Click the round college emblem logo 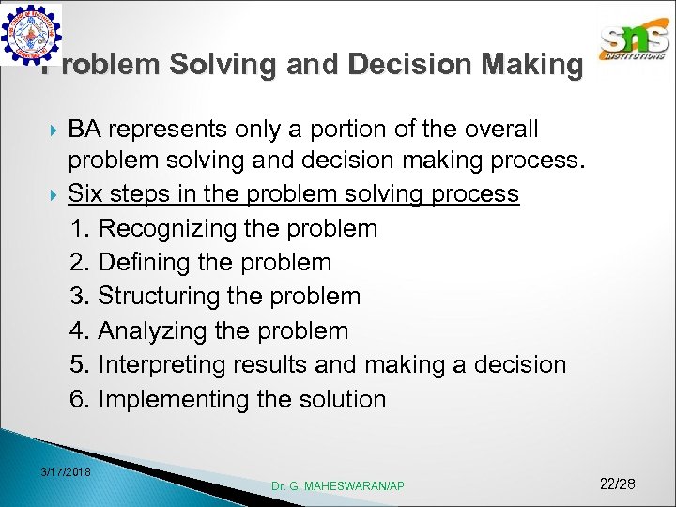click(x=31, y=34)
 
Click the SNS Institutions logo click(x=635, y=41)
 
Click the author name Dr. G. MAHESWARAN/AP click(x=338, y=485)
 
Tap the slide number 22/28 click(x=617, y=484)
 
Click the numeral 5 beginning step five click(x=78, y=364)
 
